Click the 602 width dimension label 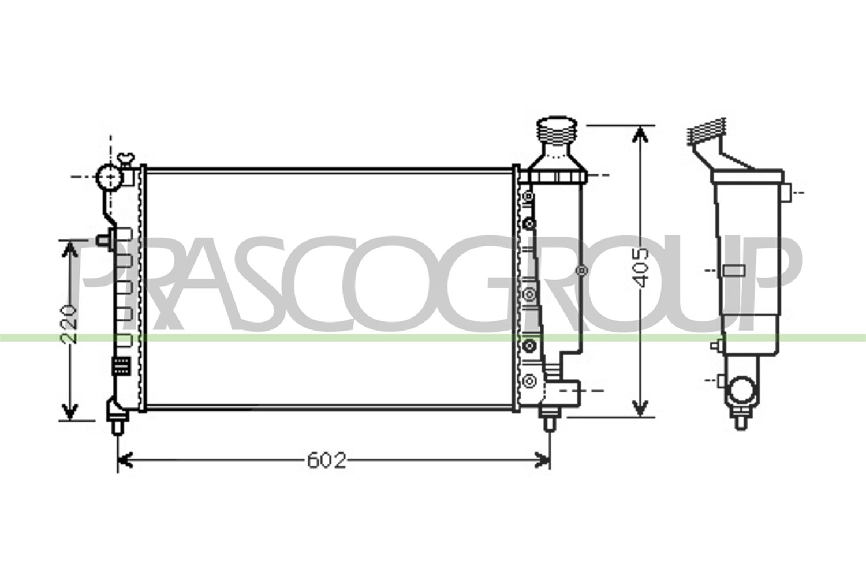[x=327, y=460]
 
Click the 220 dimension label [x=69, y=324]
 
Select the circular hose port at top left [x=110, y=177]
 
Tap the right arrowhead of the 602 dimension [x=542, y=460]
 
